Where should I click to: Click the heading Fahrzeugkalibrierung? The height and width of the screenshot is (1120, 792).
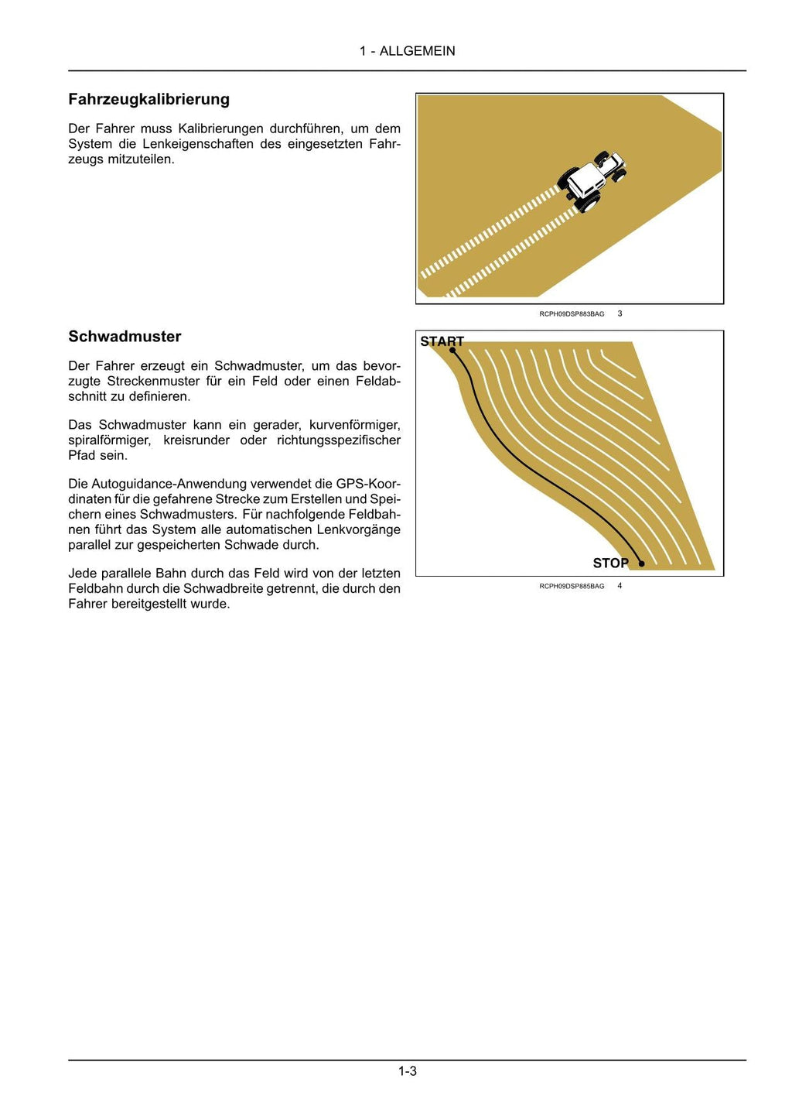(148, 99)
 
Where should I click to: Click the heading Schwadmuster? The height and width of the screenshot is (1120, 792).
(125, 336)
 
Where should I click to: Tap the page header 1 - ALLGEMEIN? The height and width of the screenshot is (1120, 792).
(407, 51)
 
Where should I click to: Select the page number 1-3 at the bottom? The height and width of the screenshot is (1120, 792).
(408, 1071)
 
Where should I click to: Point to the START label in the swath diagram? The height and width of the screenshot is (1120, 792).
(442, 341)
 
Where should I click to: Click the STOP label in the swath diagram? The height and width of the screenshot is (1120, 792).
(610, 563)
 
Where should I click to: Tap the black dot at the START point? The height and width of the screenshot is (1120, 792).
(452, 350)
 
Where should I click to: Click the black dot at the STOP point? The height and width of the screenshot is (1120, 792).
(641, 563)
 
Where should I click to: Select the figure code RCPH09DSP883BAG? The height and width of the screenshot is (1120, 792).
(572, 314)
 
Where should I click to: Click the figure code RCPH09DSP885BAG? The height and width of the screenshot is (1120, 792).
(572, 587)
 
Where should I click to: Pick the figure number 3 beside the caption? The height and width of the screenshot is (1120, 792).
(620, 313)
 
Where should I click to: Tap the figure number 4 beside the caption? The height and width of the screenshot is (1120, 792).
(620, 586)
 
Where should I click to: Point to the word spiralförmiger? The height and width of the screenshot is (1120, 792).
(109, 440)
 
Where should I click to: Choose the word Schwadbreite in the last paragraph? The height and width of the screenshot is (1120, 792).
(220, 588)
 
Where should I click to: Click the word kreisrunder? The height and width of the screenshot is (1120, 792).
(196, 440)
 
